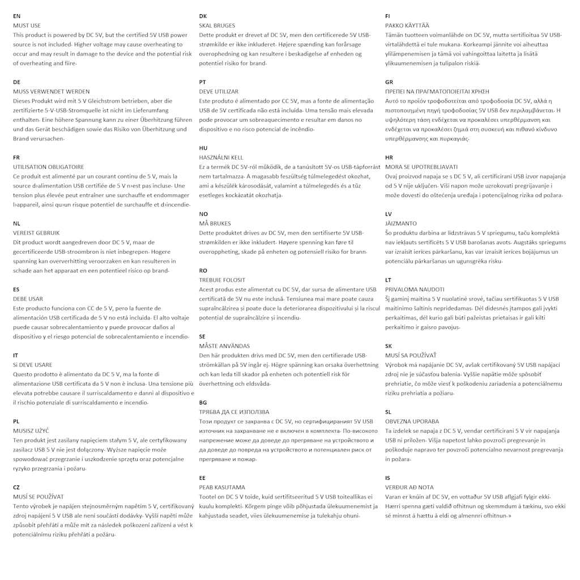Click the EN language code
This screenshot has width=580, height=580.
(x=16, y=16)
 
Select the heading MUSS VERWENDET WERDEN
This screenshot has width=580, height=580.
(x=51, y=92)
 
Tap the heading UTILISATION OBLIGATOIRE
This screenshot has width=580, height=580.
(x=48, y=167)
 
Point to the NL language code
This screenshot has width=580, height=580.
(x=16, y=224)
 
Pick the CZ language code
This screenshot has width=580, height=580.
(x=16, y=487)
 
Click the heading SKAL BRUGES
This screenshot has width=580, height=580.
(x=217, y=25)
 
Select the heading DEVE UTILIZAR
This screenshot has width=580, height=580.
(x=219, y=91)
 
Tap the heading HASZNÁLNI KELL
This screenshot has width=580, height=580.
(x=221, y=157)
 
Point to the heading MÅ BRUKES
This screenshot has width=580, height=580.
(x=215, y=223)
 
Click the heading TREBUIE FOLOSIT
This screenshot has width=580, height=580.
(x=222, y=280)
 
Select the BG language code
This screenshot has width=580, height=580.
(x=203, y=403)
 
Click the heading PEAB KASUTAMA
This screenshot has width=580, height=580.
(x=222, y=487)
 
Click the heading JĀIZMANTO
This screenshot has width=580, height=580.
(x=400, y=224)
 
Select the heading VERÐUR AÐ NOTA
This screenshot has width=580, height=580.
(x=409, y=487)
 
